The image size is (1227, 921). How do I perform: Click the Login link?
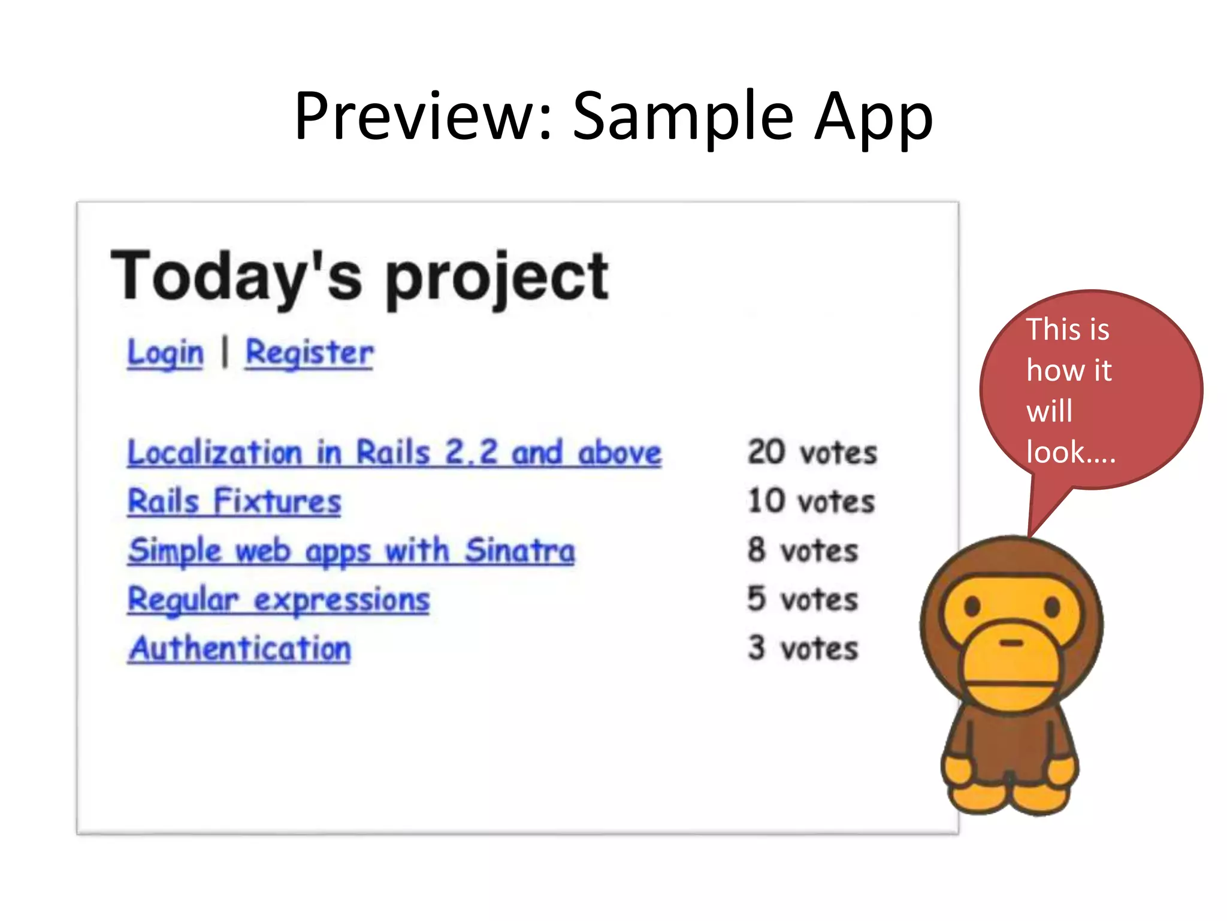click(165, 353)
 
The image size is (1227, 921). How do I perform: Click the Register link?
click(309, 353)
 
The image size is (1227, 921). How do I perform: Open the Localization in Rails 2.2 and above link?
click(394, 453)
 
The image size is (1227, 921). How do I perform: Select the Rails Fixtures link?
click(234, 502)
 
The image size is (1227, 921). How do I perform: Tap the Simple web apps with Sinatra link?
click(351, 550)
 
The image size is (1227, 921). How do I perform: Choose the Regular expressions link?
click(279, 600)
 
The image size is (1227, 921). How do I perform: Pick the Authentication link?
click(240, 649)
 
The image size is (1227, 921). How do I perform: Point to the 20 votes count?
click(812, 453)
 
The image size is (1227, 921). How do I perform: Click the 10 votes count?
click(811, 502)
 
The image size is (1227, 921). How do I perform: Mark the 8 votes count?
click(803, 550)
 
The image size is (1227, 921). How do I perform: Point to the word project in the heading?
click(496, 278)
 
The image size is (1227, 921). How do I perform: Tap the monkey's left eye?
click(972, 607)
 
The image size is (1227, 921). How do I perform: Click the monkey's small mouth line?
click(1012, 643)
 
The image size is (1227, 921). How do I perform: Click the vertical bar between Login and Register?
click(225, 352)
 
